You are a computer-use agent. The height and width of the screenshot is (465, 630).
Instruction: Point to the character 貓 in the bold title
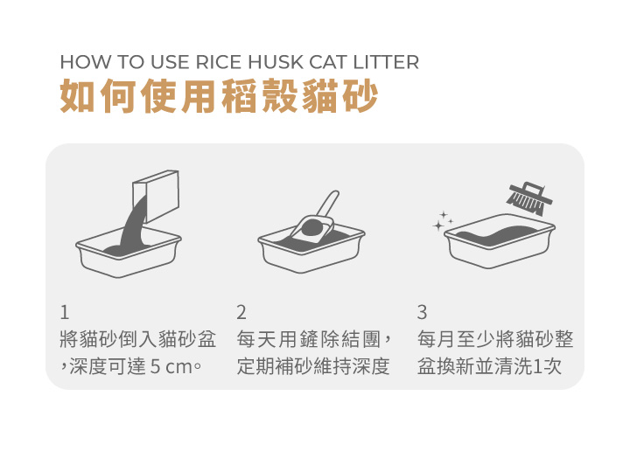319,96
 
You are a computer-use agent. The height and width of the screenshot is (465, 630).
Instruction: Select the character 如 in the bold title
78,96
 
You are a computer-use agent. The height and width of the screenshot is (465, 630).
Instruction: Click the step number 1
64,312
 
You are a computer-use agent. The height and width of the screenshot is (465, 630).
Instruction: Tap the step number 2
241,312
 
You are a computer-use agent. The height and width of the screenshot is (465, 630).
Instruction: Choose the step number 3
422,312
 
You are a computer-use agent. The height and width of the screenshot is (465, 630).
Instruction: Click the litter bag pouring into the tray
156,196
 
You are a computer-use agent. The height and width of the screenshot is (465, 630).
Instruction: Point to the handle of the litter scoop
328,204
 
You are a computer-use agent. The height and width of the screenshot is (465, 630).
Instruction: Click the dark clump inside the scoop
313,228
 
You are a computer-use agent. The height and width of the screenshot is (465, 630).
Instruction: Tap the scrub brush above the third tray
529,198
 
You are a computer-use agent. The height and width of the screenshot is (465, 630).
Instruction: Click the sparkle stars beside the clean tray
442,221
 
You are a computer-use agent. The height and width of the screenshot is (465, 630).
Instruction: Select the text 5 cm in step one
171,366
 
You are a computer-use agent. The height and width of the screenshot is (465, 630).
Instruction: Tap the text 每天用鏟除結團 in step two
309,339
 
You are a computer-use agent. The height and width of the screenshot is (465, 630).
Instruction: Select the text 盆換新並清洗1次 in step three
489,366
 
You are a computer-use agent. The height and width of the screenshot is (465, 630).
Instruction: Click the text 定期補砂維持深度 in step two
313,366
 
